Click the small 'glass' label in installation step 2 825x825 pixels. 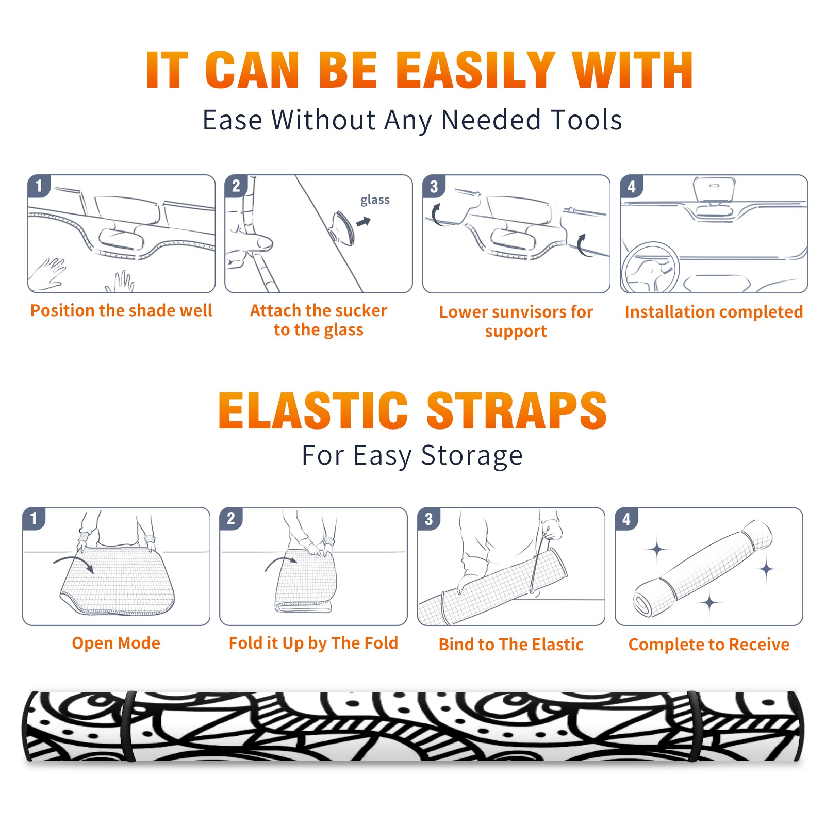coord(375,200)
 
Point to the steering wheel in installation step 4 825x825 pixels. coord(650,268)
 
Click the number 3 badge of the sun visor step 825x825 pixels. coord(434,187)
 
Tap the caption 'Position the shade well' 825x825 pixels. coord(121,310)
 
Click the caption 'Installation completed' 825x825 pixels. coord(714,312)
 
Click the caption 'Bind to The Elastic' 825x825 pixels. coord(511,645)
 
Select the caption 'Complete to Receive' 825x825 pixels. coord(709,645)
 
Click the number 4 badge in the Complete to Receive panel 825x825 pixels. coord(626,519)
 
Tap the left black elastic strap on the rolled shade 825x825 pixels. coord(129,726)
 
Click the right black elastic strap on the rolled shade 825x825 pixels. coord(692,726)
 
